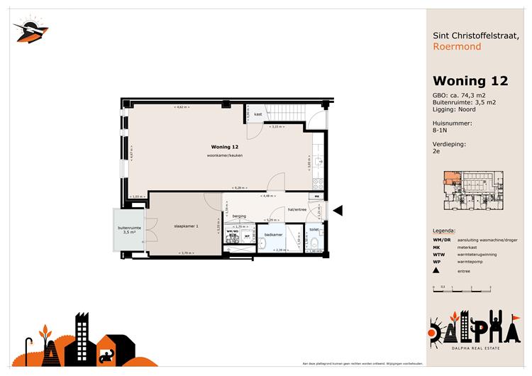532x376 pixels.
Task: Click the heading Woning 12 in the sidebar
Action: pyautogui.click(x=470, y=81)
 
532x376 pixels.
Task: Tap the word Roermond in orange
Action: pyautogui.click(x=457, y=47)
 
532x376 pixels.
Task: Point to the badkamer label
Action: pyautogui.click(x=273, y=234)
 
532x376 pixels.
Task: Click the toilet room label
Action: pyautogui.click(x=314, y=230)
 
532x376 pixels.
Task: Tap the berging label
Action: pyautogui.click(x=238, y=216)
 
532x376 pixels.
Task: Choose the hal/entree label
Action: pyautogui.click(x=296, y=210)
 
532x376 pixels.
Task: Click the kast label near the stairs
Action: pyautogui.click(x=258, y=114)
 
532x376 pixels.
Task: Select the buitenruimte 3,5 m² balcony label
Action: pyautogui.click(x=129, y=230)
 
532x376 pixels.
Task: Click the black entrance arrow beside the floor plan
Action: pyautogui.click(x=338, y=210)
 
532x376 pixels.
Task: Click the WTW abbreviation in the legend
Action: pyautogui.click(x=439, y=254)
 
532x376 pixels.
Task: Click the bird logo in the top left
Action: pyautogui.click(x=31, y=30)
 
